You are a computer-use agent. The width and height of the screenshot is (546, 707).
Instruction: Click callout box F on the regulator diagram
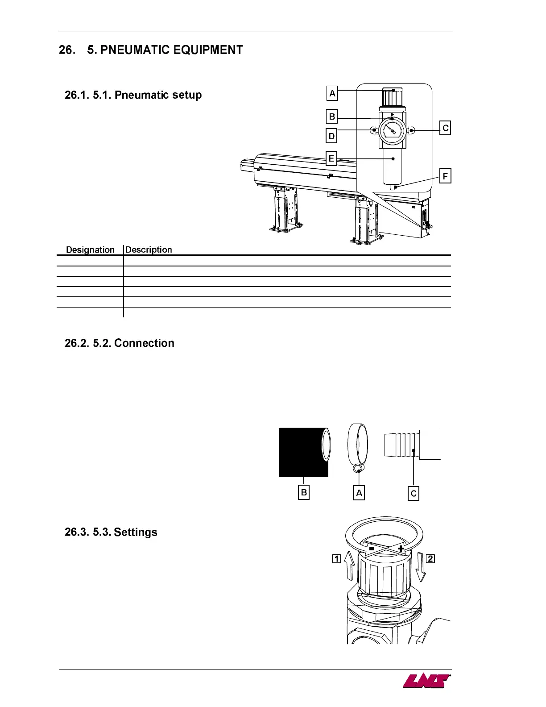(445, 176)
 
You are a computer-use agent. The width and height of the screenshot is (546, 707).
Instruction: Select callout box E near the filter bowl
(331, 158)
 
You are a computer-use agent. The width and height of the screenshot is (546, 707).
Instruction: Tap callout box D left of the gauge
(331, 136)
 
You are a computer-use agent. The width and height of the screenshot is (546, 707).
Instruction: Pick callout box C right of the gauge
(445, 128)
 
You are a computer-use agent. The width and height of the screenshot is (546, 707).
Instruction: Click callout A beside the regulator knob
(332, 94)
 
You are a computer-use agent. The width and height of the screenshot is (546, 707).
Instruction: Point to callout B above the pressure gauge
(332, 117)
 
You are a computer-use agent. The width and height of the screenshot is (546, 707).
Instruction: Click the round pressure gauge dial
(392, 130)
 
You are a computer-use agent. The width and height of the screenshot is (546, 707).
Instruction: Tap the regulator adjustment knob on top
(392, 97)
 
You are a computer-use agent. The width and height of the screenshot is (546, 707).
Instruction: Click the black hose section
(301, 452)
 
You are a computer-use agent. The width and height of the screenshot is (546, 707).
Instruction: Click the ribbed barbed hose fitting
(402, 445)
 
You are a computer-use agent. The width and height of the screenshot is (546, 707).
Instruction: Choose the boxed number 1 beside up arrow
(336, 558)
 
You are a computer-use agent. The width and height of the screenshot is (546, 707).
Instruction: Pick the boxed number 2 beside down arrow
(430, 558)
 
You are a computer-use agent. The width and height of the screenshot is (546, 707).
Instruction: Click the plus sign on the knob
(401, 549)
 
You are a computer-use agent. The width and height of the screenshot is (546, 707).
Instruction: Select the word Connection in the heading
(144, 343)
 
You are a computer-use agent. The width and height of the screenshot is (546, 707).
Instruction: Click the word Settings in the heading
(136, 532)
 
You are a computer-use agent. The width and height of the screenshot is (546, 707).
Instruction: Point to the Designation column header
(90, 250)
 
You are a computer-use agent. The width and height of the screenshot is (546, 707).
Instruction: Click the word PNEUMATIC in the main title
(135, 50)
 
